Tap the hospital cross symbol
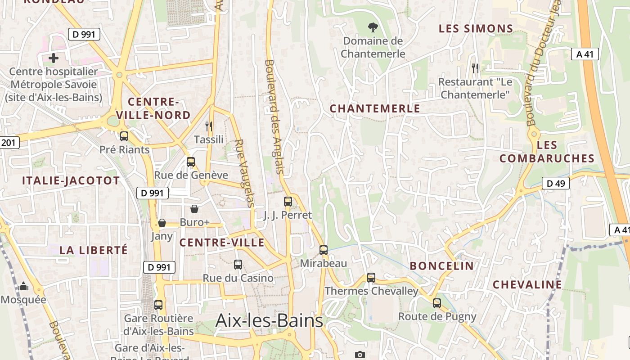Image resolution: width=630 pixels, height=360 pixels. click(x=54, y=58)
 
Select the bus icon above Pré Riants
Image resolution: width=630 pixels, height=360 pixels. click(x=124, y=136)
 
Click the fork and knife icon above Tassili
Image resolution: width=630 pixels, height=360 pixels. click(x=208, y=126)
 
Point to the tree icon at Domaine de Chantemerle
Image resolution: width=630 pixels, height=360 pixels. click(x=373, y=27)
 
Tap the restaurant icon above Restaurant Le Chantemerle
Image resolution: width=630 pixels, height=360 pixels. click(x=475, y=68)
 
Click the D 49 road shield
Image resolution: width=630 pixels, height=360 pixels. click(x=556, y=183)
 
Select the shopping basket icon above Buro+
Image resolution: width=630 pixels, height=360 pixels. click(x=194, y=209)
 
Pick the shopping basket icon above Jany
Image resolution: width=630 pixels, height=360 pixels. click(x=162, y=223)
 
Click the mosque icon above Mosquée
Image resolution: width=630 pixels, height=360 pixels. click(x=23, y=286)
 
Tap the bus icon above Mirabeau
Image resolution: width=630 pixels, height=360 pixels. click(x=324, y=250)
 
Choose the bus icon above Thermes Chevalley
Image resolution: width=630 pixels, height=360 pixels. click(x=371, y=278)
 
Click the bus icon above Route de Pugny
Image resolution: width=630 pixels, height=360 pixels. click(x=437, y=303)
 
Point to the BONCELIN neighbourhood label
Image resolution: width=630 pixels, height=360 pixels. click(x=442, y=266)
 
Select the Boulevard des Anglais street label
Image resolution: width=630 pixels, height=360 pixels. click(x=274, y=117)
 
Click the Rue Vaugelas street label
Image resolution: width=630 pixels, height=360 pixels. click(x=243, y=173)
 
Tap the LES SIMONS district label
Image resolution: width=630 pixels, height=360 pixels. click(x=476, y=29)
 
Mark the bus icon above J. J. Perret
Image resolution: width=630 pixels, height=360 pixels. click(x=288, y=202)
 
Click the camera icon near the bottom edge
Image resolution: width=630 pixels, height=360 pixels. click(x=360, y=355)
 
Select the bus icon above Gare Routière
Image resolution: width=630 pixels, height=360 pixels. click(x=158, y=305)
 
